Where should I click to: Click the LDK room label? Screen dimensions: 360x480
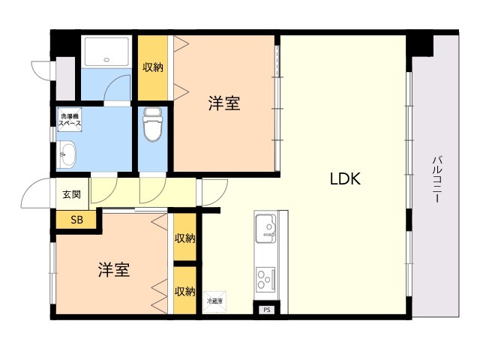click(x=346, y=179)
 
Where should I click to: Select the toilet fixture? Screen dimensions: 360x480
click(x=152, y=125)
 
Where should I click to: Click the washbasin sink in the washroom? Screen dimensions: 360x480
click(x=68, y=154)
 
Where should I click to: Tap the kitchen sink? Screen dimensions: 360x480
click(x=266, y=227)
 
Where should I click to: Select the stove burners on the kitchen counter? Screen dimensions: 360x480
click(x=266, y=280)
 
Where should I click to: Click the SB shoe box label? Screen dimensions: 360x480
click(x=76, y=220)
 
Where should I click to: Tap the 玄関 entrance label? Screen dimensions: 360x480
click(x=71, y=195)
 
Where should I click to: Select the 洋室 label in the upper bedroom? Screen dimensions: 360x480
click(x=224, y=104)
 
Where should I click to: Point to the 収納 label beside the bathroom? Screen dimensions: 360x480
click(x=153, y=67)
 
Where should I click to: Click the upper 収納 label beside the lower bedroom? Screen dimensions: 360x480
click(x=184, y=238)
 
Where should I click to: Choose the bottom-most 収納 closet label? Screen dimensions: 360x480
click(x=184, y=291)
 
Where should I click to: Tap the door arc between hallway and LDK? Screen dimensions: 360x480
click(x=209, y=191)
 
